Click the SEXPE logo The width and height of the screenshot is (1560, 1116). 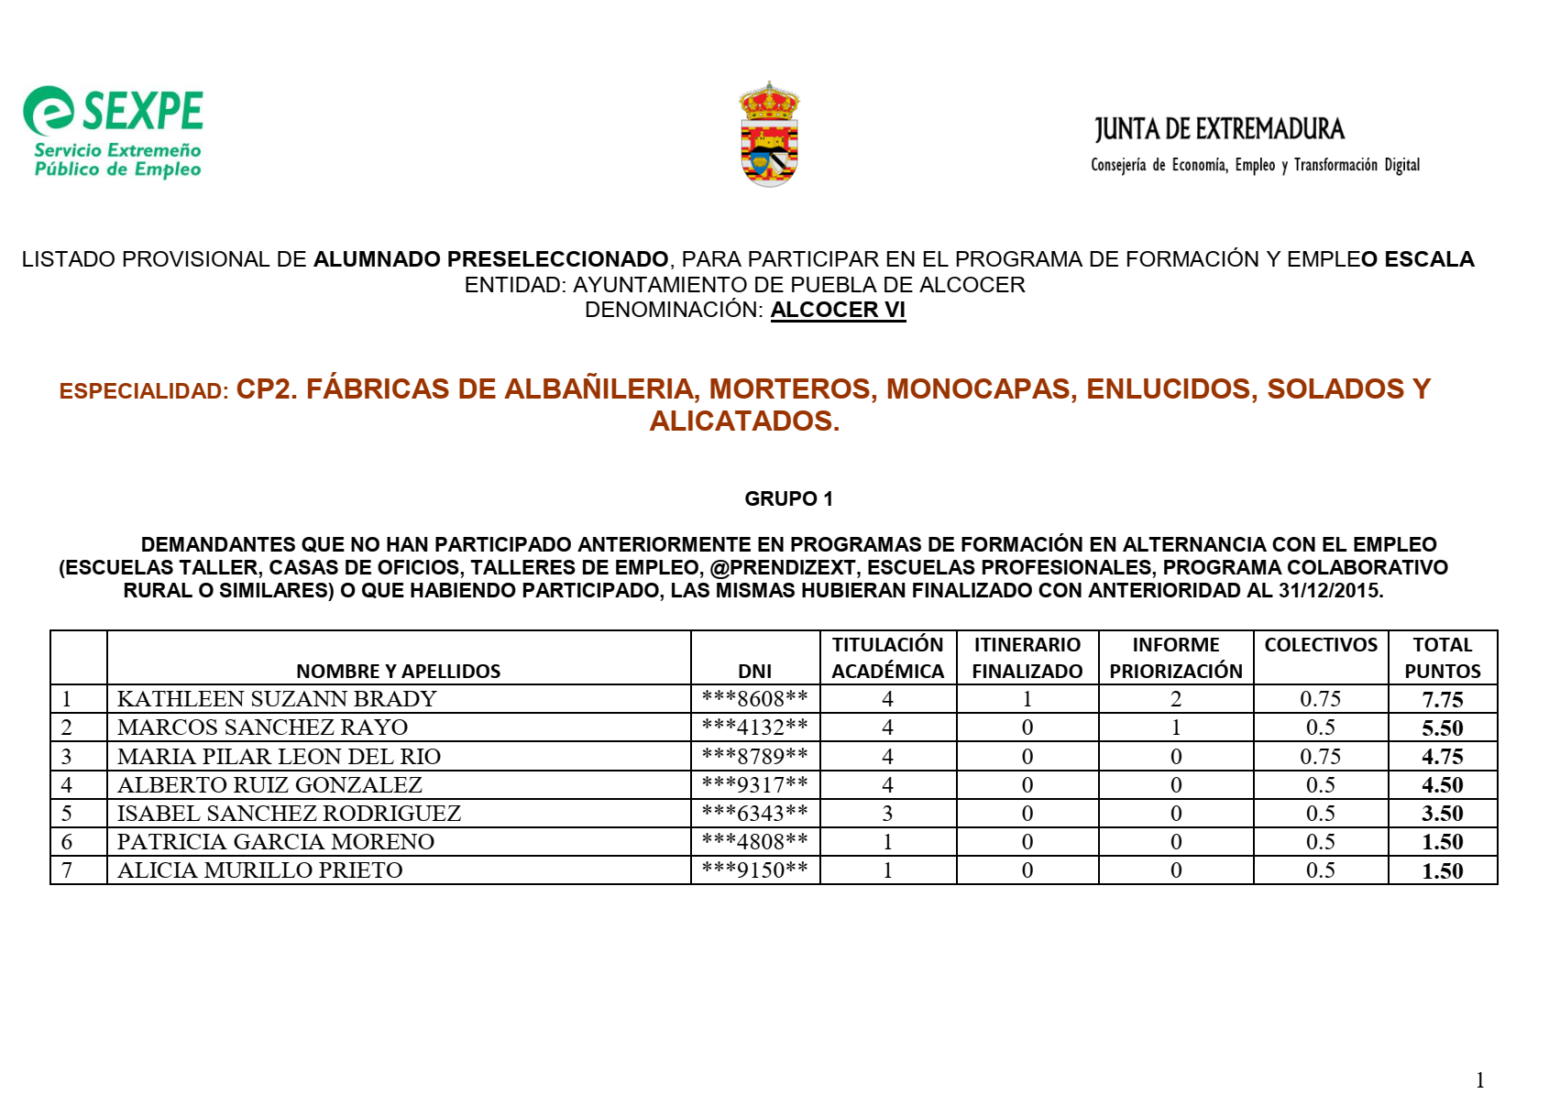[114, 131]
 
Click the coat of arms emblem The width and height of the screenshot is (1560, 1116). [769, 135]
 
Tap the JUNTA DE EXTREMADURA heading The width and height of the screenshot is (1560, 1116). [1219, 129]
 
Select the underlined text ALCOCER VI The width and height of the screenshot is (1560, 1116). [838, 310]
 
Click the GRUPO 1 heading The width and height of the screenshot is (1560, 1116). [788, 498]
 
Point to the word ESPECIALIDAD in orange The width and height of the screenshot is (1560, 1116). [144, 391]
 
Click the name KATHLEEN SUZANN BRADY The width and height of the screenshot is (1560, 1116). [277, 699]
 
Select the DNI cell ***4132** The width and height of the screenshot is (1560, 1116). [754, 728]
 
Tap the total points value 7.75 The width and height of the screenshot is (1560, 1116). [1442, 700]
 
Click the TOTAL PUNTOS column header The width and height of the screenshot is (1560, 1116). [1442, 658]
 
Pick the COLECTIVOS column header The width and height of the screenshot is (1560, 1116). [1320, 645]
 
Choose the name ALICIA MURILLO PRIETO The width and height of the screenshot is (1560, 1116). [260, 870]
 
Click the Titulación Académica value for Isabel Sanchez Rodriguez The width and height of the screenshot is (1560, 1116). [887, 814]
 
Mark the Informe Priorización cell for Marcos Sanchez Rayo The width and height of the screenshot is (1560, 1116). [1175, 728]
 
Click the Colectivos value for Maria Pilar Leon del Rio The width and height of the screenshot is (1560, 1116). [1320, 757]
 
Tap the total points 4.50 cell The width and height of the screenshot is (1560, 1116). [1442, 785]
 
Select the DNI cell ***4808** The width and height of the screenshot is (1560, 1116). [754, 842]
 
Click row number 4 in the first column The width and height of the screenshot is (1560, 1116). [67, 785]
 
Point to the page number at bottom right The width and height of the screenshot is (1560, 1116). [1479, 1080]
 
